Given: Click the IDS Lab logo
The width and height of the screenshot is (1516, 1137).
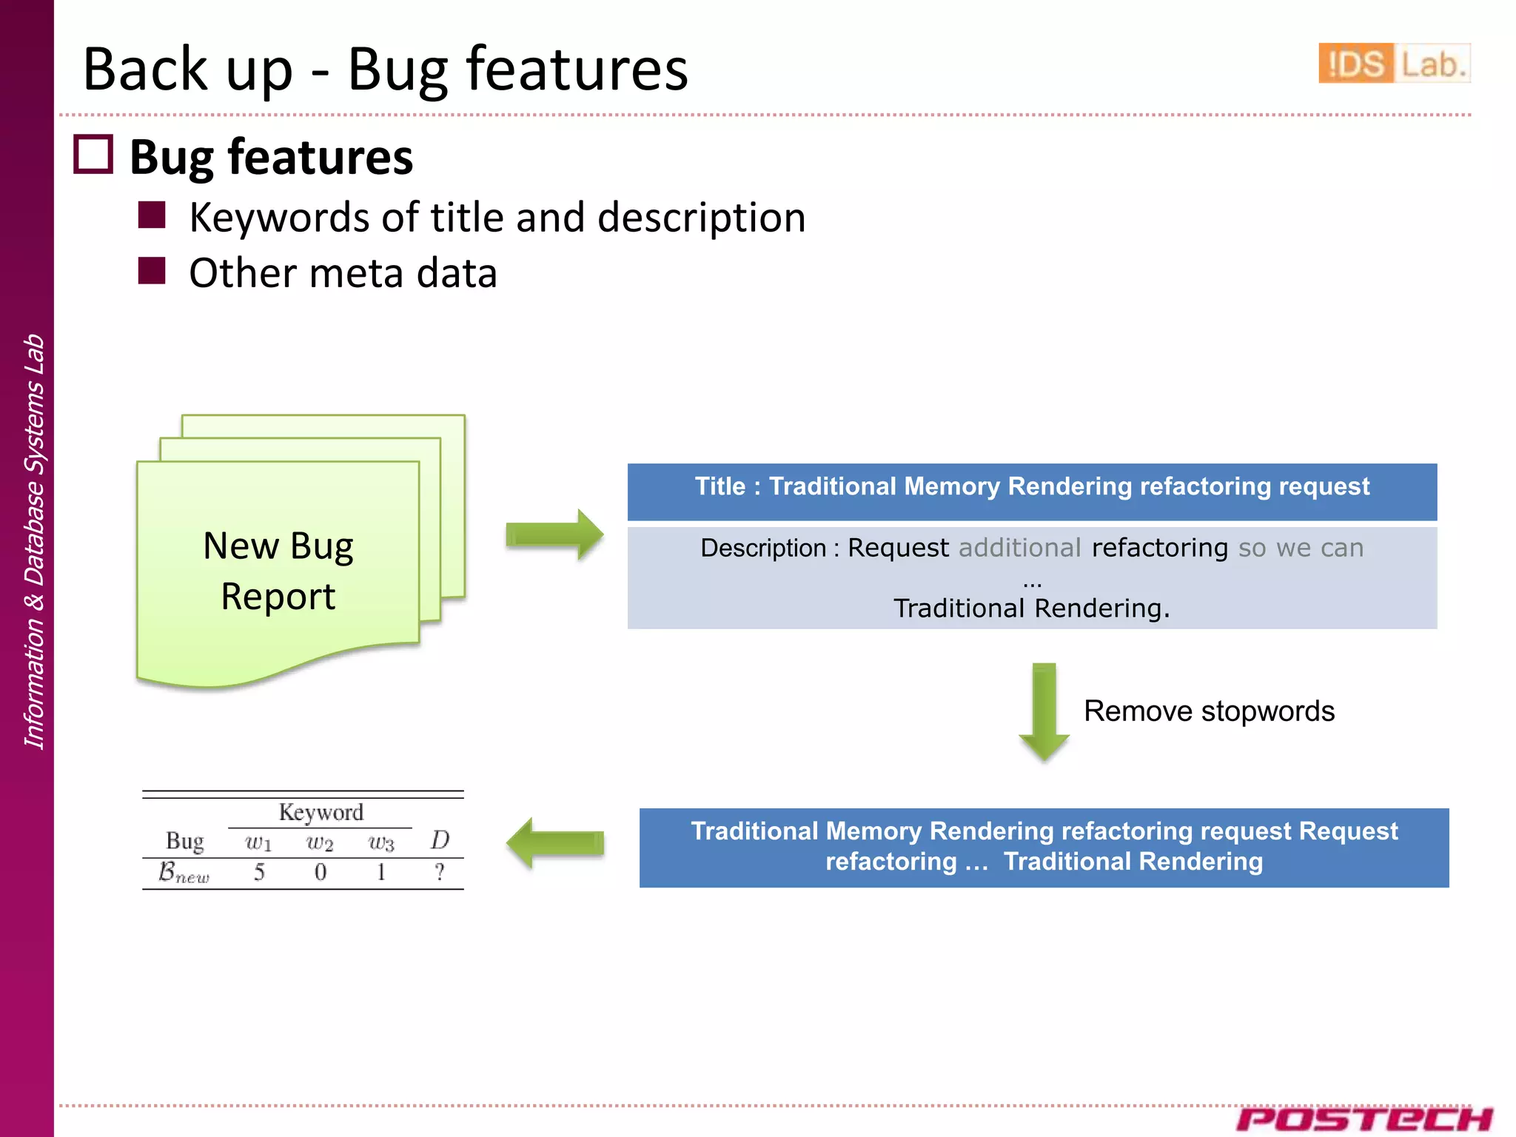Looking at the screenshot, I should click(x=1393, y=64).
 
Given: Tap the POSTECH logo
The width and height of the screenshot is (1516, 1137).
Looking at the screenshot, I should click(x=1364, y=1118).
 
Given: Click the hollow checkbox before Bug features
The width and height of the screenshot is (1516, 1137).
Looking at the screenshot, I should click(x=93, y=155).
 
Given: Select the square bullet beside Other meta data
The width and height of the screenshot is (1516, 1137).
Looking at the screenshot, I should click(x=152, y=271).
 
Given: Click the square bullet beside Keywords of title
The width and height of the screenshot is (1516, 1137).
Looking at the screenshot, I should click(x=152, y=215).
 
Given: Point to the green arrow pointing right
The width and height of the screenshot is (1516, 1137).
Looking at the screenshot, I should click(x=554, y=534).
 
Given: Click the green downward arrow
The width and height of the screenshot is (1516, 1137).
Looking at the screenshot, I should click(x=1044, y=711).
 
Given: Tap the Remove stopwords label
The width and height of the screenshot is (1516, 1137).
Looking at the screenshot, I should click(x=1209, y=711).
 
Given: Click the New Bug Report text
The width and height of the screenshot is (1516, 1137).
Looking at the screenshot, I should click(x=278, y=571).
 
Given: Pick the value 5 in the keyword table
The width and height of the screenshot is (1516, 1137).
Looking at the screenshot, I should click(x=259, y=872).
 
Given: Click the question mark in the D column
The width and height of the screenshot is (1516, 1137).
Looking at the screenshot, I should click(x=440, y=872).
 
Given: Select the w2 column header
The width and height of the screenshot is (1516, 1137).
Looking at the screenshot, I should click(x=320, y=842).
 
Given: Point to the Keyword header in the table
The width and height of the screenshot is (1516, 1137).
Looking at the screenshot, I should click(x=321, y=812).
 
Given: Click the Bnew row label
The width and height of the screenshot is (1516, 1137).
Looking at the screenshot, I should click(x=184, y=873).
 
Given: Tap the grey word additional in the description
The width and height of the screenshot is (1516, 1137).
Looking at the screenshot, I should click(x=1019, y=548).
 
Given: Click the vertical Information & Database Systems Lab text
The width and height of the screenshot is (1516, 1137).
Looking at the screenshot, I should click(x=34, y=541).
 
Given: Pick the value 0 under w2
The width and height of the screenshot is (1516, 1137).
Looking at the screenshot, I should click(x=320, y=872).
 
